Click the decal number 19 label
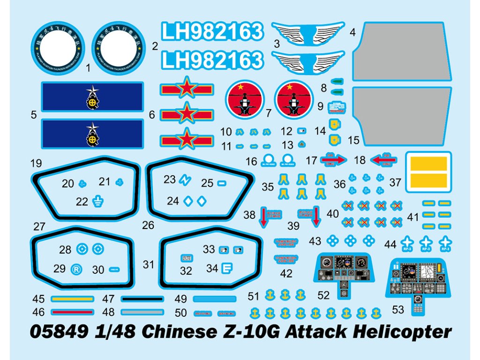tap(36, 164)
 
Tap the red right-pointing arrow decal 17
tap(333, 160)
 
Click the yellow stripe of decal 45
tap(73, 299)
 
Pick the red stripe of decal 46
tap(73, 312)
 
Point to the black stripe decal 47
tap(142, 299)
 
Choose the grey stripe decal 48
tap(142, 312)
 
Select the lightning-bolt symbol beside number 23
tap(185, 180)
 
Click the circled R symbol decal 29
tap(75, 269)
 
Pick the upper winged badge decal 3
tap(308, 33)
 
